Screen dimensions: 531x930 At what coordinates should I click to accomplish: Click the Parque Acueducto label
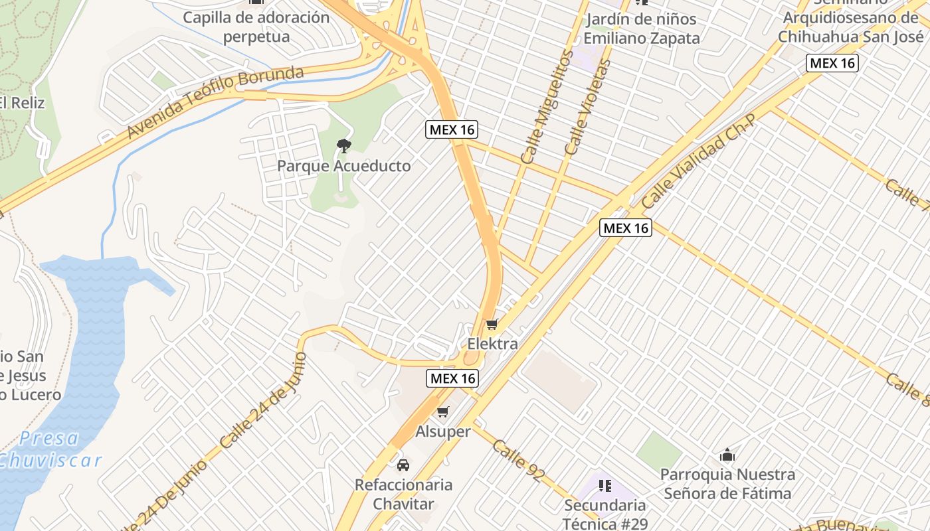pyautogui.click(x=343, y=166)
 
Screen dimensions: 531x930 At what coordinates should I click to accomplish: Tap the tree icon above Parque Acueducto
pyautogui.click(x=343, y=145)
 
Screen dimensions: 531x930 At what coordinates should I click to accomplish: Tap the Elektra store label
pyautogui.click(x=492, y=344)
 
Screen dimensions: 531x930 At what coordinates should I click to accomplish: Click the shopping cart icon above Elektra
pyautogui.click(x=492, y=324)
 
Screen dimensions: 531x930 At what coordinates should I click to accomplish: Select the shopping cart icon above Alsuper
pyautogui.click(x=443, y=412)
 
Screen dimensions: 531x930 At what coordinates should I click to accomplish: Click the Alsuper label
pyautogui.click(x=443, y=431)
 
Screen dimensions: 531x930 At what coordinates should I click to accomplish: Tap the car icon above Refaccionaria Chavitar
pyautogui.click(x=403, y=465)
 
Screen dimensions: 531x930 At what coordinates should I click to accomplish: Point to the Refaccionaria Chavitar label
pyautogui.click(x=403, y=494)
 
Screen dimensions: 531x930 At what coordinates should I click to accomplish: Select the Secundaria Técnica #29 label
pyautogui.click(x=604, y=514)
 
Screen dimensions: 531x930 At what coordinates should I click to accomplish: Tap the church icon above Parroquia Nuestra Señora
pyautogui.click(x=727, y=455)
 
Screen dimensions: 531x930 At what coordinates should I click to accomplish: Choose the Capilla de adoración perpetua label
pyautogui.click(x=256, y=27)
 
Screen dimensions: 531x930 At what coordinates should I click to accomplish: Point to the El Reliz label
pyautogui.click(x=22, y=103)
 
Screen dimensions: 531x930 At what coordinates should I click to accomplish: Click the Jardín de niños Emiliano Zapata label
pyautogui.click(x=642, y=29)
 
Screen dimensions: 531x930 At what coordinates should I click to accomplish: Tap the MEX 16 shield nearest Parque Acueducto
pyautogui.click(x=452, y=129)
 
